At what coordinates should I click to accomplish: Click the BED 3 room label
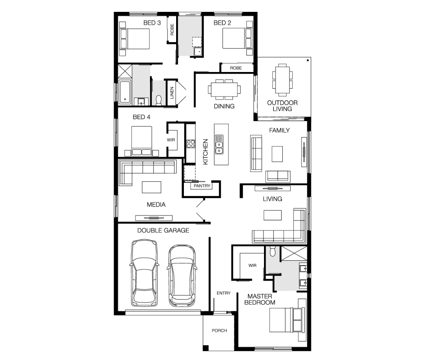click(152, 23)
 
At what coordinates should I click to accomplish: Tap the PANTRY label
click(202, 186)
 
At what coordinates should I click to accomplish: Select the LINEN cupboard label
click(172, 92)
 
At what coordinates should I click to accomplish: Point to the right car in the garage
click(182, 275)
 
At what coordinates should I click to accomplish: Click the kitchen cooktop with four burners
click(191, 144)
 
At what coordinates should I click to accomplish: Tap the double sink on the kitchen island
click(219, 144)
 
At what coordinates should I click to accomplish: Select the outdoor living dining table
click(282, 80)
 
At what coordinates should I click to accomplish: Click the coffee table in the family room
click(277, 154)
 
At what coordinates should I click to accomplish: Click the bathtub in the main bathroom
click(125, 92)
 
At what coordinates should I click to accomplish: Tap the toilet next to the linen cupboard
click(159, 100)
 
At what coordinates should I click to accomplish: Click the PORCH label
click(219, 331)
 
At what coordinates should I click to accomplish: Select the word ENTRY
click(224, 293)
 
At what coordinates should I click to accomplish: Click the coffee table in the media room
click(152, 187)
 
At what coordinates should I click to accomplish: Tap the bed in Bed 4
click(141, 141)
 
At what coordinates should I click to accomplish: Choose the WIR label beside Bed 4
click(171, 140)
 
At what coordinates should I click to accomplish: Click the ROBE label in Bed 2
click(236, 68)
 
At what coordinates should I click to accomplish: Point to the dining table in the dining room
click(224, 89)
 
